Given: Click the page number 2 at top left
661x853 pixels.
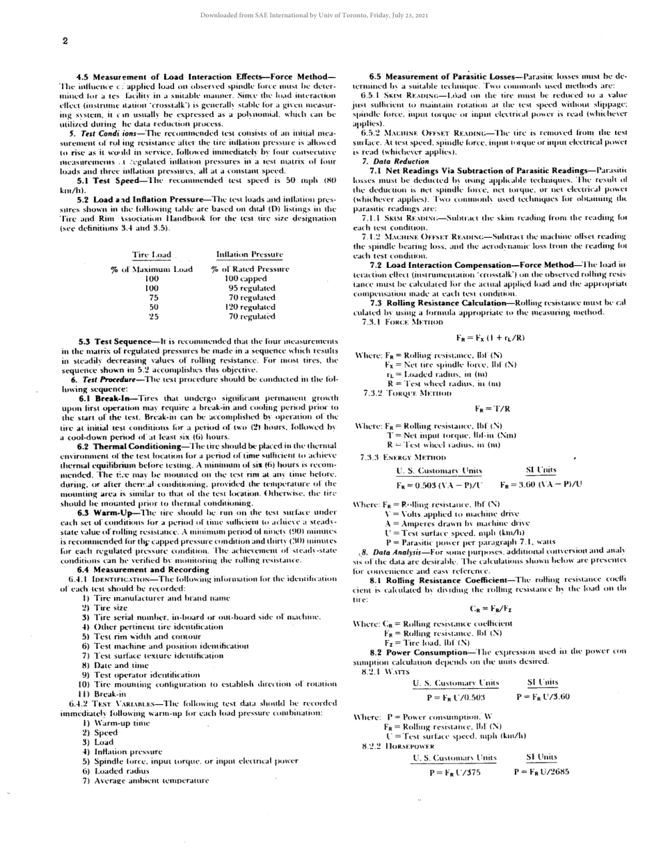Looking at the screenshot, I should (65, 41).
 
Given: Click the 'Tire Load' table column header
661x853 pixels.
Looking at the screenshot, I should (151, 255).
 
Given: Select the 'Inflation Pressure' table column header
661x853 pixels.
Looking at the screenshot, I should (249, 255).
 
